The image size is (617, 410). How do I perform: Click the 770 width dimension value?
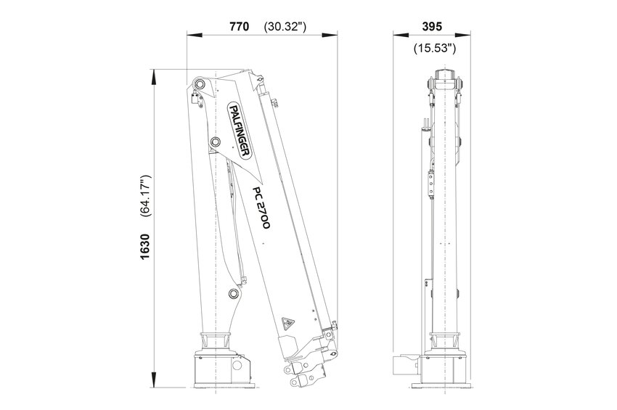pyautogui.click(x=240, y=26)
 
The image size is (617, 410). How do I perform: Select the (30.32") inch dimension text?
pyautogui.click(x=285, y=27)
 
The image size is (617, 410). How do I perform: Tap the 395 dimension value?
pyautogui.click(x=432, y=26)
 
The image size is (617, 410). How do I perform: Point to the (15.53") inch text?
pyautogui.click(x=434, y=49)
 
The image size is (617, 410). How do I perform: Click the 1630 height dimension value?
pyautogui.click(x=144, y=247)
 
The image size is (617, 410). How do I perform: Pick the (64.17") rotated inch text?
pyautogui.click(x=145, y=196)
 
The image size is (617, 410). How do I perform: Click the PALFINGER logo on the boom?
pyautogui.click(x=240, y=130)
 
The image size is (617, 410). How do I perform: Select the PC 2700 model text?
pyautogui.click(x=261, y=208)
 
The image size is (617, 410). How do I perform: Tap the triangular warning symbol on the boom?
pyautogui.click(x=287, y=324)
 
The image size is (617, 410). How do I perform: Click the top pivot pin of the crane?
pyautogui.click(x=200, y=83)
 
